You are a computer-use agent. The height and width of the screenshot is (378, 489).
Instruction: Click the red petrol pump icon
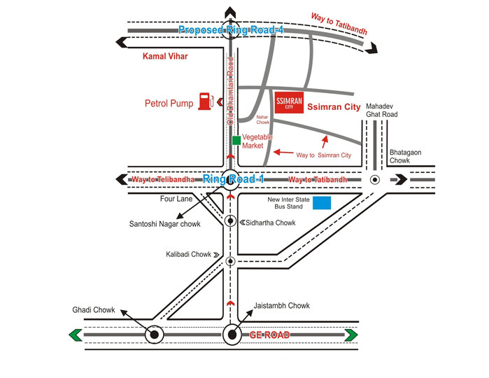(206, 101)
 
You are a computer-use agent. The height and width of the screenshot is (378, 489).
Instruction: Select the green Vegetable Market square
(236, 141)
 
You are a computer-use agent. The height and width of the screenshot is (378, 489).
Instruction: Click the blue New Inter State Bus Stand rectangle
(322, 203)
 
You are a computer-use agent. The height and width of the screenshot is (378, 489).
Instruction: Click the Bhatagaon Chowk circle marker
(375, 180)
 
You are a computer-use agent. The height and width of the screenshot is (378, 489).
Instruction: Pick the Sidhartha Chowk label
(269, 223)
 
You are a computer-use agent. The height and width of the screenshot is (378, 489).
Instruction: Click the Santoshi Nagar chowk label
(164, 224)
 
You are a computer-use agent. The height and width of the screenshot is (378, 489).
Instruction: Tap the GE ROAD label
(270, 335)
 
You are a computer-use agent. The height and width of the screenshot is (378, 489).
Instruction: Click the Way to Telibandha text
(162, 180)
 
